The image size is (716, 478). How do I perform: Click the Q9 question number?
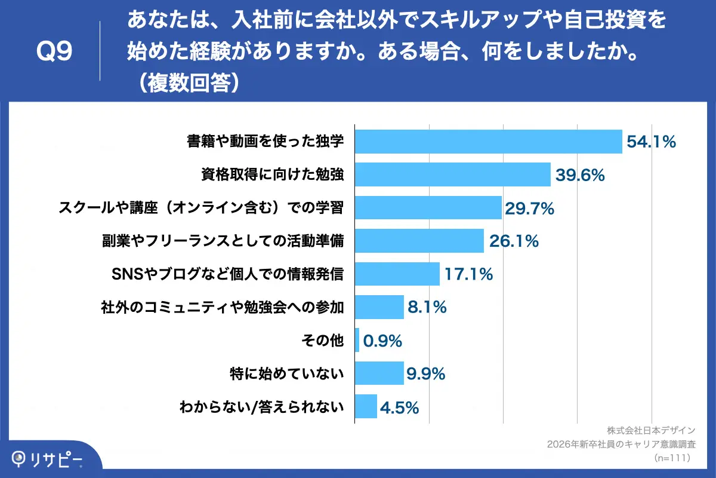pyautogui.click(x=54, y=52)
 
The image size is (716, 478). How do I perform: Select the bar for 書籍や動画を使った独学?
pyautogui.click(x=488, y=142)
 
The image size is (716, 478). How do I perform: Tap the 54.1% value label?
pyautogui.click(x=651, y=142)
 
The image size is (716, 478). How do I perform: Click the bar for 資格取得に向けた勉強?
pyautogui.click(x=452, y=174)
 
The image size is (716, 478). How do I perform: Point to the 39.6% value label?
pyautogui.click(x=580, y=175)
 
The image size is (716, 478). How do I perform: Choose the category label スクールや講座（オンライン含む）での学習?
pyautogui.click(x=201, y=208)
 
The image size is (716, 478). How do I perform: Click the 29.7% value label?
pyautogui.click(x=530, y=208)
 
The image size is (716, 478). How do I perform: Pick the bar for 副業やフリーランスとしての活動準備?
pyautogui.click(x=419, y=241)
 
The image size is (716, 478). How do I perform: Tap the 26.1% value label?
pyautogui.click(x=514, y=241)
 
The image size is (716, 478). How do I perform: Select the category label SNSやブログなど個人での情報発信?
pyautogui.click(x=227, y=274)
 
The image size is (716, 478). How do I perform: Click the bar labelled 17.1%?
pyautogui.click(x=397, y=274)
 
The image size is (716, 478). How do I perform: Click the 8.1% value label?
pyautogui.click(x=427, y=308)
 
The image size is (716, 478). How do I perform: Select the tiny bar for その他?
pyautogui.click(x=357, y=341)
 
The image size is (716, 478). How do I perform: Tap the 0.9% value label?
pyautogui.click(x=382, y=341)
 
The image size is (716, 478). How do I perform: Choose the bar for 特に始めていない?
pyautogui.click(x=379, y=374)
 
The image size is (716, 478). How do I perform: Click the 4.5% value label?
pyautogui.click(x=399, y=407)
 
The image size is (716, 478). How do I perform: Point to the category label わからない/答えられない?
pyautogui.click(x=262, y=407)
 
